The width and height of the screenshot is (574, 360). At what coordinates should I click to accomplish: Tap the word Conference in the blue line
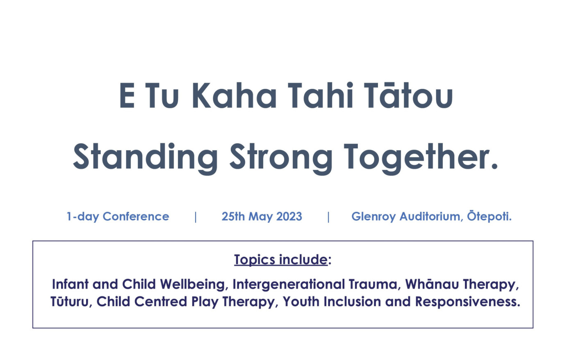(136, 216)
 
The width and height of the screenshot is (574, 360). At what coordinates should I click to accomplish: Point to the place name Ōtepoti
(489, 216)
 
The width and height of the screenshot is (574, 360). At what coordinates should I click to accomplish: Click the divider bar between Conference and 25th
(196, 217)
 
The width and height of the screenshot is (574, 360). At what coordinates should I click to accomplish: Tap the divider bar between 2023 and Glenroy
(328, 217)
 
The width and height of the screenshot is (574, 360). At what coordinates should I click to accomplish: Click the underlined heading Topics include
(281, 260)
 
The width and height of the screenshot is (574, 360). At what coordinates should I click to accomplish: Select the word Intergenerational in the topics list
(289, 285)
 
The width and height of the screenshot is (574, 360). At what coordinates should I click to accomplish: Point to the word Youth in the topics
(301, 302)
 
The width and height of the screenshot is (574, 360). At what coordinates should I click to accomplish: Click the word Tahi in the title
(320, 96)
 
